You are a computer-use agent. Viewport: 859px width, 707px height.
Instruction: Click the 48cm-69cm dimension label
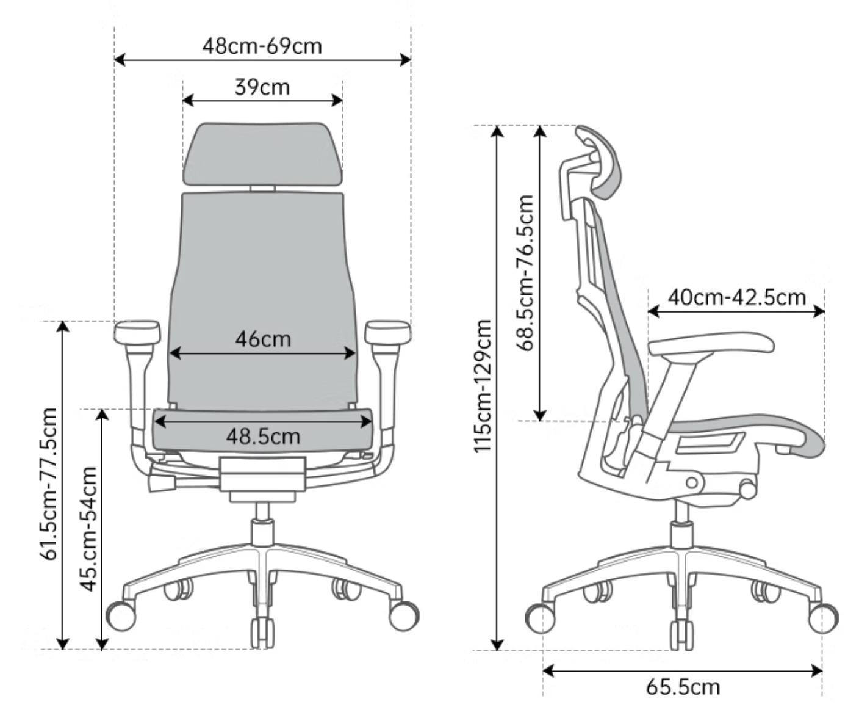(262, 46)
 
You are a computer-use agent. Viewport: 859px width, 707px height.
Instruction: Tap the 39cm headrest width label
(262, 87)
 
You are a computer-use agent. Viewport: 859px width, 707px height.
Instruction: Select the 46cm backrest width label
(263, 339)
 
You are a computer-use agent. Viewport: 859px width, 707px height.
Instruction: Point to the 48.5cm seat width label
(263, 437)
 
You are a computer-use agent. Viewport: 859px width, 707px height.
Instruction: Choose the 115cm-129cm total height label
(483, 386)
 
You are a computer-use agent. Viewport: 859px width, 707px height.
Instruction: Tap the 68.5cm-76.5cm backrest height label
(525, 273)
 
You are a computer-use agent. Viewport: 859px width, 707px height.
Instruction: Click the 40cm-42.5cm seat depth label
(737, 297)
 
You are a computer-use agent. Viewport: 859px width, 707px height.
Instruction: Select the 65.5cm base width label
(683, 687)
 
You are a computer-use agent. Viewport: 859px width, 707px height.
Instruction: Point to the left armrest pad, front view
(137, 332)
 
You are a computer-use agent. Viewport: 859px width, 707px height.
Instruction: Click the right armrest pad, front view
(387, 332)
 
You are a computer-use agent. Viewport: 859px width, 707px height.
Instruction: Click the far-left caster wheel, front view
(121, 616)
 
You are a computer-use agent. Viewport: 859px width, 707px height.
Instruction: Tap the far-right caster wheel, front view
(404, 616)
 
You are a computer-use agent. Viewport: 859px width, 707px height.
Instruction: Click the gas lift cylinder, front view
(263, 524)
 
